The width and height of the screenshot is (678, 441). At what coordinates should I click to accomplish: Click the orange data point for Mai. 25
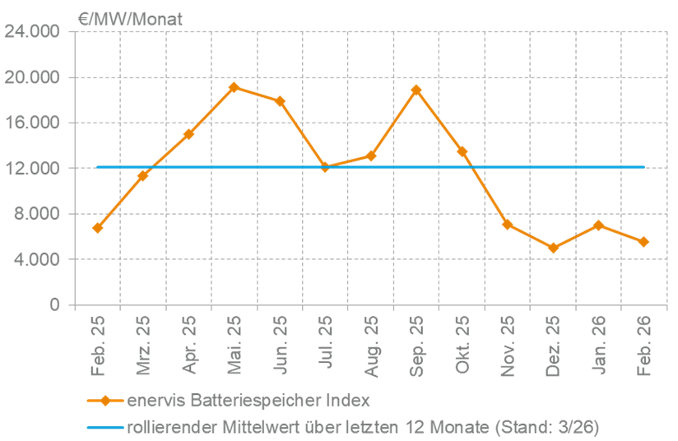point(234,86)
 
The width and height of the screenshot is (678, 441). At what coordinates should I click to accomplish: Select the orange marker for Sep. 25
point(416,90)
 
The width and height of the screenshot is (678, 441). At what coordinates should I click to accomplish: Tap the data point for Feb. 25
point(97,227)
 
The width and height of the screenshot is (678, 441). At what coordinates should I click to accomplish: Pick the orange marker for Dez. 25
point(553,248)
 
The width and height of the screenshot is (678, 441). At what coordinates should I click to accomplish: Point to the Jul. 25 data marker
point(325,167)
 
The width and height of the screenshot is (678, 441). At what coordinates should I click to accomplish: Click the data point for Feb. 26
point(643,242)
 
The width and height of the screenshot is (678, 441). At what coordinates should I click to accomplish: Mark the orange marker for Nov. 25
point(508,224)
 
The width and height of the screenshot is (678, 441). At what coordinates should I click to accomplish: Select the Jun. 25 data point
point(280,101)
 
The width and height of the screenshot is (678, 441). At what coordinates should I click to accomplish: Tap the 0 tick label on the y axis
point(55,305)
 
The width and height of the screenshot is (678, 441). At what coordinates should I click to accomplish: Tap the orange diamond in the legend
point(105,401)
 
